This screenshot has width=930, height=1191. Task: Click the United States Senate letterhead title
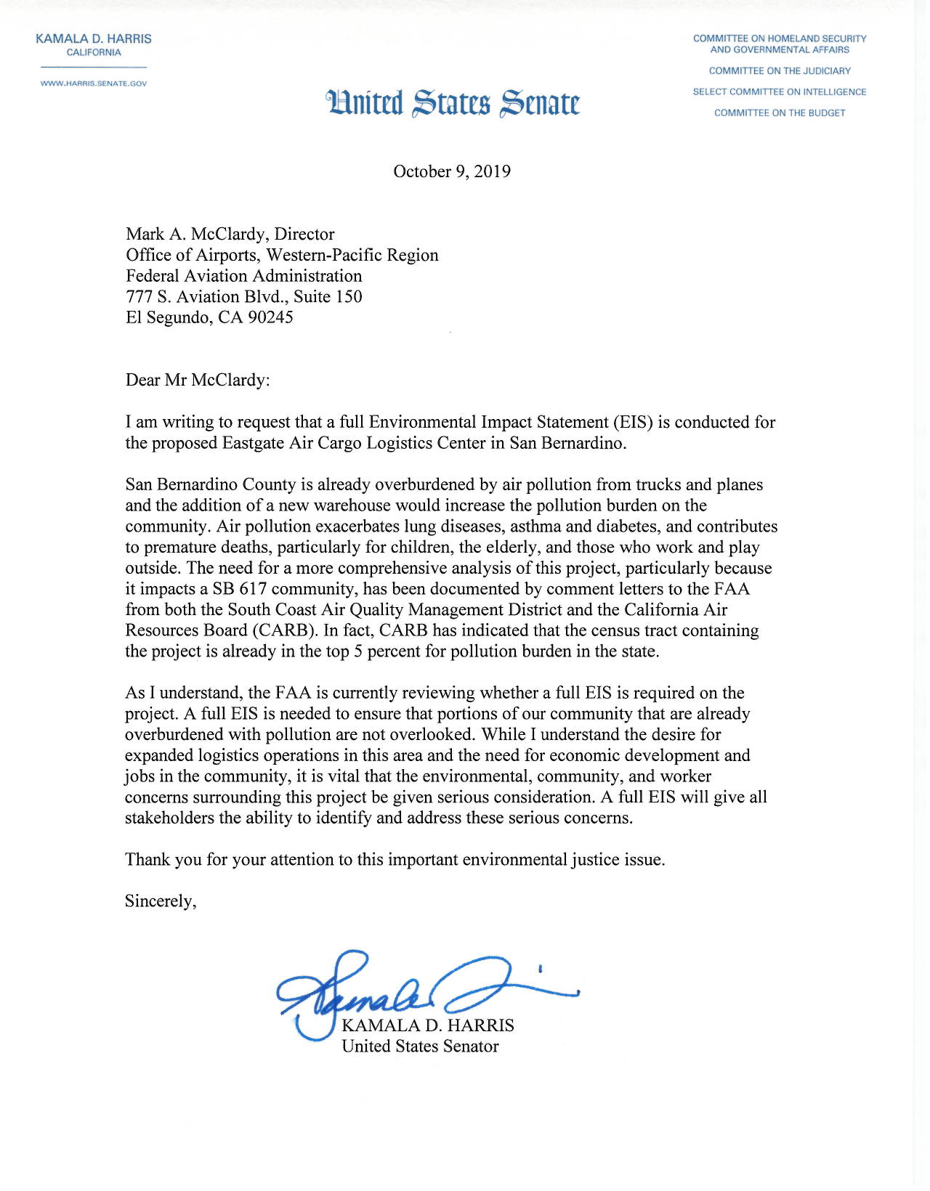(453, 102)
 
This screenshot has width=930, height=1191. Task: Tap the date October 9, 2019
(452, 171)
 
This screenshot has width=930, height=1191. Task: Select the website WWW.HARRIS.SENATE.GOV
(94, 84)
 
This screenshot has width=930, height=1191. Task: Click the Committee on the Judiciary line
(780, 71)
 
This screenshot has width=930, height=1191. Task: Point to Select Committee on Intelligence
(780, 92)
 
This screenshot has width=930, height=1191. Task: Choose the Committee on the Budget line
(780, 113)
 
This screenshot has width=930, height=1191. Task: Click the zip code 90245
(270, 317)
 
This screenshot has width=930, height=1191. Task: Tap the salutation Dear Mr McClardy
(198, 380)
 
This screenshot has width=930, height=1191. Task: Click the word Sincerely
(161, 901)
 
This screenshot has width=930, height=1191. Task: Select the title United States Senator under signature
(420, 1046)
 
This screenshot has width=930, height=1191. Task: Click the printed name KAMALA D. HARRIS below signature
(428, 1025)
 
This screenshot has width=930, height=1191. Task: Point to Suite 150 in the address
(328, 296)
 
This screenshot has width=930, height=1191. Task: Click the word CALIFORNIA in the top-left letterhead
(94, 53)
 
